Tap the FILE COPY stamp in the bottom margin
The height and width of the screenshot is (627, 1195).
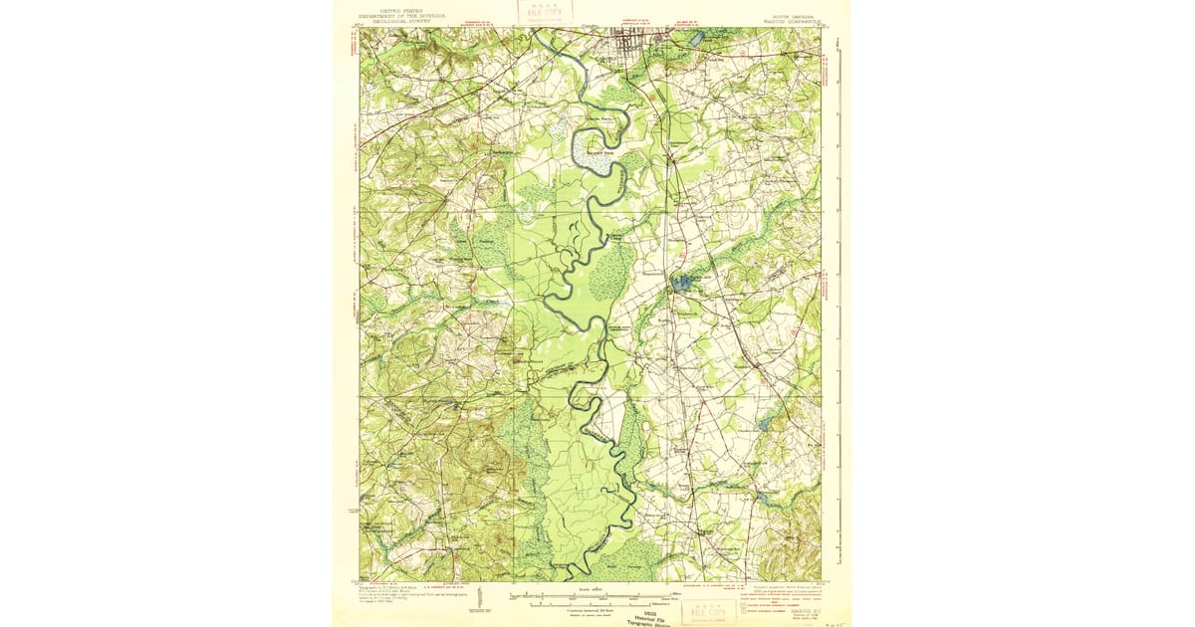[x=710, y=608]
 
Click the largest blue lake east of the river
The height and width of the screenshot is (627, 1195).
[x=682, y=284]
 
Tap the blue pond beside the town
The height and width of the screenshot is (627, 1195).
[x=695, y=40]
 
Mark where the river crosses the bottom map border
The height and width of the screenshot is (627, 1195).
[x=571, y=579]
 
